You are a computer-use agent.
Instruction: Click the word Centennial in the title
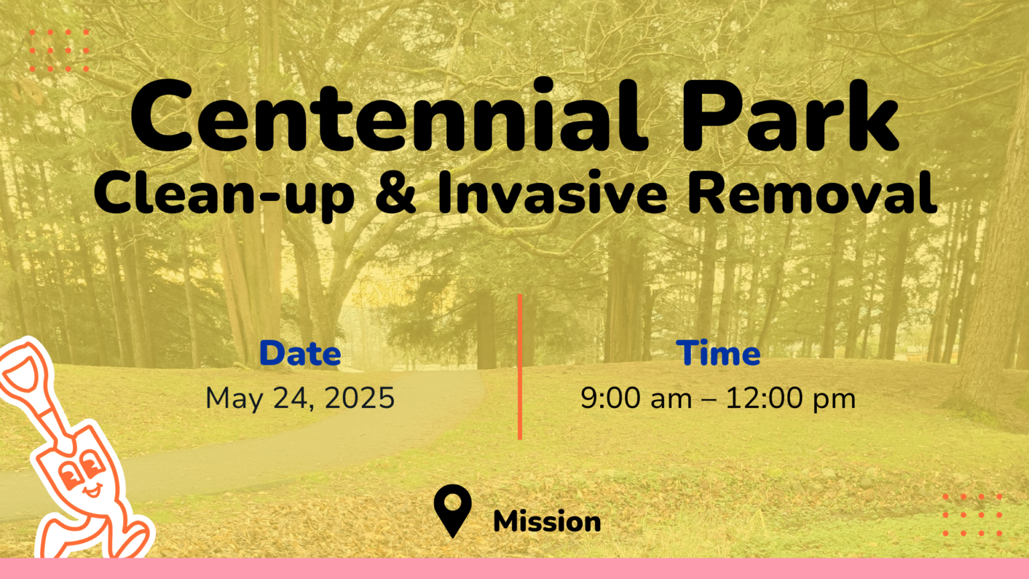tap(389, 118)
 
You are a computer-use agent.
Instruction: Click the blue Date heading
tap(300, 353)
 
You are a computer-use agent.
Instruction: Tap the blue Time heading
tap(718, 353)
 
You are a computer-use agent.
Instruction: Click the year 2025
tap(360, 398)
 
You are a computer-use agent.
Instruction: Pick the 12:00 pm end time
tap(791, 398)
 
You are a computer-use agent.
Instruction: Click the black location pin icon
tap(453, 509)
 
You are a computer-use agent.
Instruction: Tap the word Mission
tap(547, 521)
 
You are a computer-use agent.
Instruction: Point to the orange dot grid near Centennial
tap(59, 50)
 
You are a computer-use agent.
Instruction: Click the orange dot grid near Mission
tap(972, 515)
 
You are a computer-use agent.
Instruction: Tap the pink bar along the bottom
tap(514, 569)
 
